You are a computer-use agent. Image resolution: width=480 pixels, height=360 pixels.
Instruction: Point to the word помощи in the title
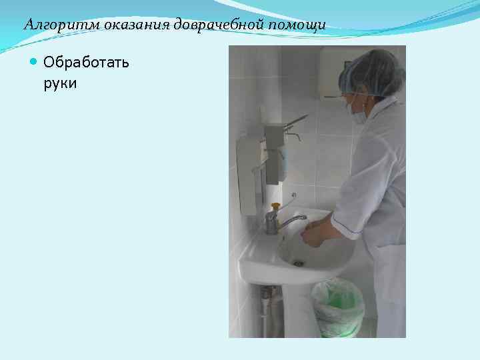point(297,25)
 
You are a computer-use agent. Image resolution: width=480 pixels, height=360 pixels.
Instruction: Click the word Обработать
point(86,63)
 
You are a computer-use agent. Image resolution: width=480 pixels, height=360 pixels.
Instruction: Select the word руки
point(60,83)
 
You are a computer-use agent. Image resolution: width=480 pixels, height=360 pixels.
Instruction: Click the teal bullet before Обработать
point(35,63)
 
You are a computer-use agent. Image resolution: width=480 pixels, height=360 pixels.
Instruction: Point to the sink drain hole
point(299,263)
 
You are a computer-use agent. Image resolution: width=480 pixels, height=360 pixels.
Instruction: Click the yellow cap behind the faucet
point(275,206)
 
